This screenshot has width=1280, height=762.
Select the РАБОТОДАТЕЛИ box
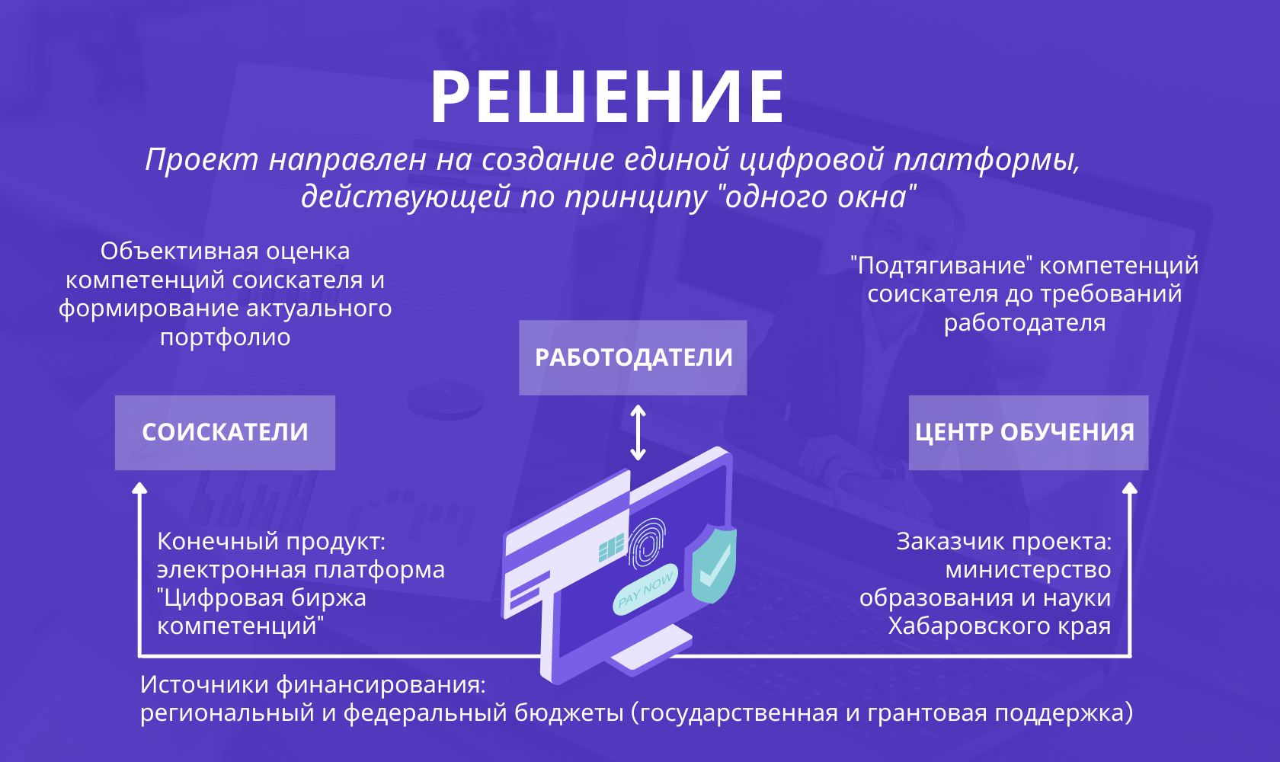tap(632, 357)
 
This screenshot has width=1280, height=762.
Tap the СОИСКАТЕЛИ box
tap(225, 432)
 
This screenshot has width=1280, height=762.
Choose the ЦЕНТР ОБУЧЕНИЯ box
tap(1029, 432)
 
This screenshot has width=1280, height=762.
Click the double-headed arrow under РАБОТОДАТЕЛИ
tap(638, 433)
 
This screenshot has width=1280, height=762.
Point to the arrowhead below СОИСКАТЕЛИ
tap(139, 488)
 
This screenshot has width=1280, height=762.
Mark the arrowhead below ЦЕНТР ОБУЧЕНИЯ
tap(1130, 488)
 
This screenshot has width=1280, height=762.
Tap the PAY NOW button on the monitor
tap(645, 590)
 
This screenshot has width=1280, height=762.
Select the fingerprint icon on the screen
tap(647, 543)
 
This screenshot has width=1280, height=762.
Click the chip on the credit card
tap(611, 548)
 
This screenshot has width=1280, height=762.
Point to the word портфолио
tap(226, 338)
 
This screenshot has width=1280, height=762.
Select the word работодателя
tap(1025, 323)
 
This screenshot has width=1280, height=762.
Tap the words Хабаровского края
tap(1000, 626)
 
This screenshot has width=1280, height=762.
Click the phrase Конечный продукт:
tap(271, 541)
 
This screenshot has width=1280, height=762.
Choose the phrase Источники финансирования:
tap(313, 685)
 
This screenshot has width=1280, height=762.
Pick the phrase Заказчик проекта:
tap(1004, 541)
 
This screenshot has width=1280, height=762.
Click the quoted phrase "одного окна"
tap(816, 197)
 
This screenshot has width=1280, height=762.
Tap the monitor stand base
tap(651, 649)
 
